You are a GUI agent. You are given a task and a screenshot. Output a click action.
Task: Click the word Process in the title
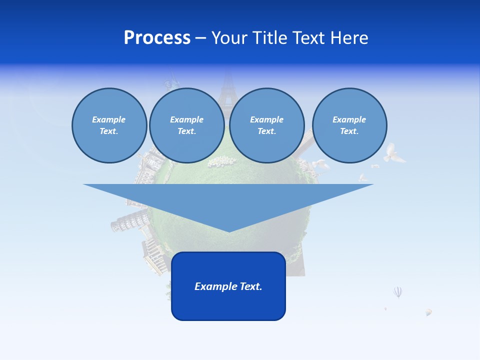tap(157, 38)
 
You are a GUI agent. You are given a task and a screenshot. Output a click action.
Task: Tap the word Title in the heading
tap(270, 38)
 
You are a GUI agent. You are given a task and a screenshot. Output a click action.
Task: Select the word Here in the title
tap(350, 38)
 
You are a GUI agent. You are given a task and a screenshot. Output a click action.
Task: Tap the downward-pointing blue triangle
tap(228, 200)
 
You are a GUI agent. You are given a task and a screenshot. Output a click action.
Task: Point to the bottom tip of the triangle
tap(228, 230)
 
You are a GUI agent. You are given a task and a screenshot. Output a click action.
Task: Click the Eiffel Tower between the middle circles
tap(228, 90)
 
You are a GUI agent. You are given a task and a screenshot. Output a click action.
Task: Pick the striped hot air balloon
tap(397, 291)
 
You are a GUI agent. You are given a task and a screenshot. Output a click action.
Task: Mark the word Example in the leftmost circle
tap(109, 119)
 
